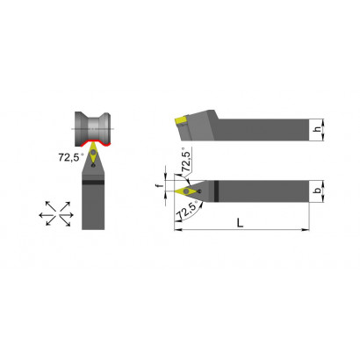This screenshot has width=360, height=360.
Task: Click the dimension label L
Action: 240,223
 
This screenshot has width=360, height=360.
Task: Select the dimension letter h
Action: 317,129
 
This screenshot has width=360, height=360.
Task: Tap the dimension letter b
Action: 317,191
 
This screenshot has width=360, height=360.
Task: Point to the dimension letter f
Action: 160,186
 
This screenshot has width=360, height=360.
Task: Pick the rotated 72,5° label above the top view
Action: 186,161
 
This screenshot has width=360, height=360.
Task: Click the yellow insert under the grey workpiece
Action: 93,153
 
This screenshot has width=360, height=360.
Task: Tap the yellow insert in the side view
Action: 181,120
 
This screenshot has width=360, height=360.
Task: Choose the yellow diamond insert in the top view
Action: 186,191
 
